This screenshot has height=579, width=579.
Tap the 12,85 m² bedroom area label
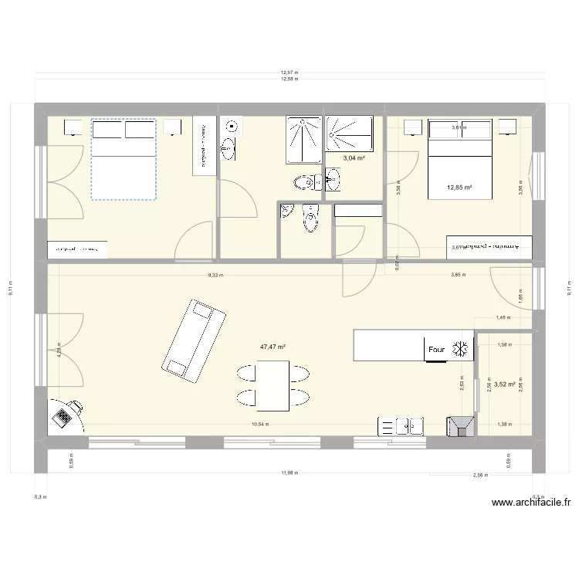(459, 187)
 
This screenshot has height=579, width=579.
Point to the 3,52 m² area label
(505, 384)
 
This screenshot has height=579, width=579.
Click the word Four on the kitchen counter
(437, 350)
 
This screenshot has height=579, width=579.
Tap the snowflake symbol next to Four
(461, 349)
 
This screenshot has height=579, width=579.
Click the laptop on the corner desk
(62, 418)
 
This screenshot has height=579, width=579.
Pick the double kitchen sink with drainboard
(401, 426)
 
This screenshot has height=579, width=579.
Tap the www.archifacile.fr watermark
(532, 503)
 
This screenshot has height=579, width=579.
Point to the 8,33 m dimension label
(215, 275)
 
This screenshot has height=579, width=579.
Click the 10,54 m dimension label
(260, 424)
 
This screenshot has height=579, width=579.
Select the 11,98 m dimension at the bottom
(289, 472)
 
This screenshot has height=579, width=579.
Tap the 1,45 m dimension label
(503, 318)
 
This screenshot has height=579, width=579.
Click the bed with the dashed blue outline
(124, 159)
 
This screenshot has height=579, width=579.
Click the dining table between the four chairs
(273, 385)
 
